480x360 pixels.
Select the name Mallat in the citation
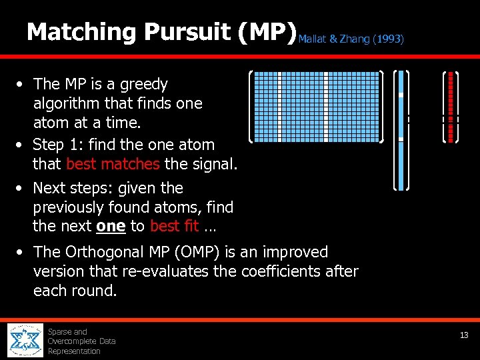313,39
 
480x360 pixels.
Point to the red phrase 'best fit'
174,226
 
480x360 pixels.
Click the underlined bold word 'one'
111,226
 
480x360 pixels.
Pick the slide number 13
464,335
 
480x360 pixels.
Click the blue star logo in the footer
25,341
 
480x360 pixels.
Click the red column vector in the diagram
451,107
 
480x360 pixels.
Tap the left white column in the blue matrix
279,107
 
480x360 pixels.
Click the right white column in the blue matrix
325,107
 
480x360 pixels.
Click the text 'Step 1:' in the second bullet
57,145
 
